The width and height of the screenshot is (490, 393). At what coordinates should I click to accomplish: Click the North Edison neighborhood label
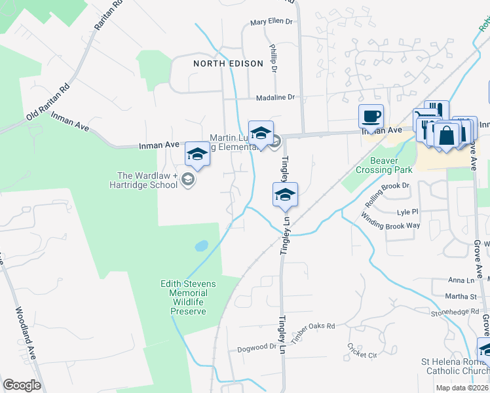pos(228,64)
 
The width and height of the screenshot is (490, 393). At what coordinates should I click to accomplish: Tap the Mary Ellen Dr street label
pos(271,22)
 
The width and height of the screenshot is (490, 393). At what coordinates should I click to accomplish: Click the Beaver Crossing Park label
pos(384,164)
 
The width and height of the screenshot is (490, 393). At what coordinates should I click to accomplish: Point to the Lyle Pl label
pos(407,212)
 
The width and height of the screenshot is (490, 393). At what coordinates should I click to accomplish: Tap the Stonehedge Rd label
pos(456,312)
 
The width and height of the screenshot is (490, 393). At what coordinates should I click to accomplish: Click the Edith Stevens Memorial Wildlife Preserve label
pos(188,297)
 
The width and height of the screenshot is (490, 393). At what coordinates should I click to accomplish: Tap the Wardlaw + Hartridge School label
pos(147,180)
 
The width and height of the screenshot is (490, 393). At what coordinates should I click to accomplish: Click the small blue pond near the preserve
pos(202,246)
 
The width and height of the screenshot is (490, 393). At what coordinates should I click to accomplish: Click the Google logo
pos(22,385)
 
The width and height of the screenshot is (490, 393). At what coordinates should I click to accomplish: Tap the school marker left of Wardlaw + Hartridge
pos(197,155)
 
